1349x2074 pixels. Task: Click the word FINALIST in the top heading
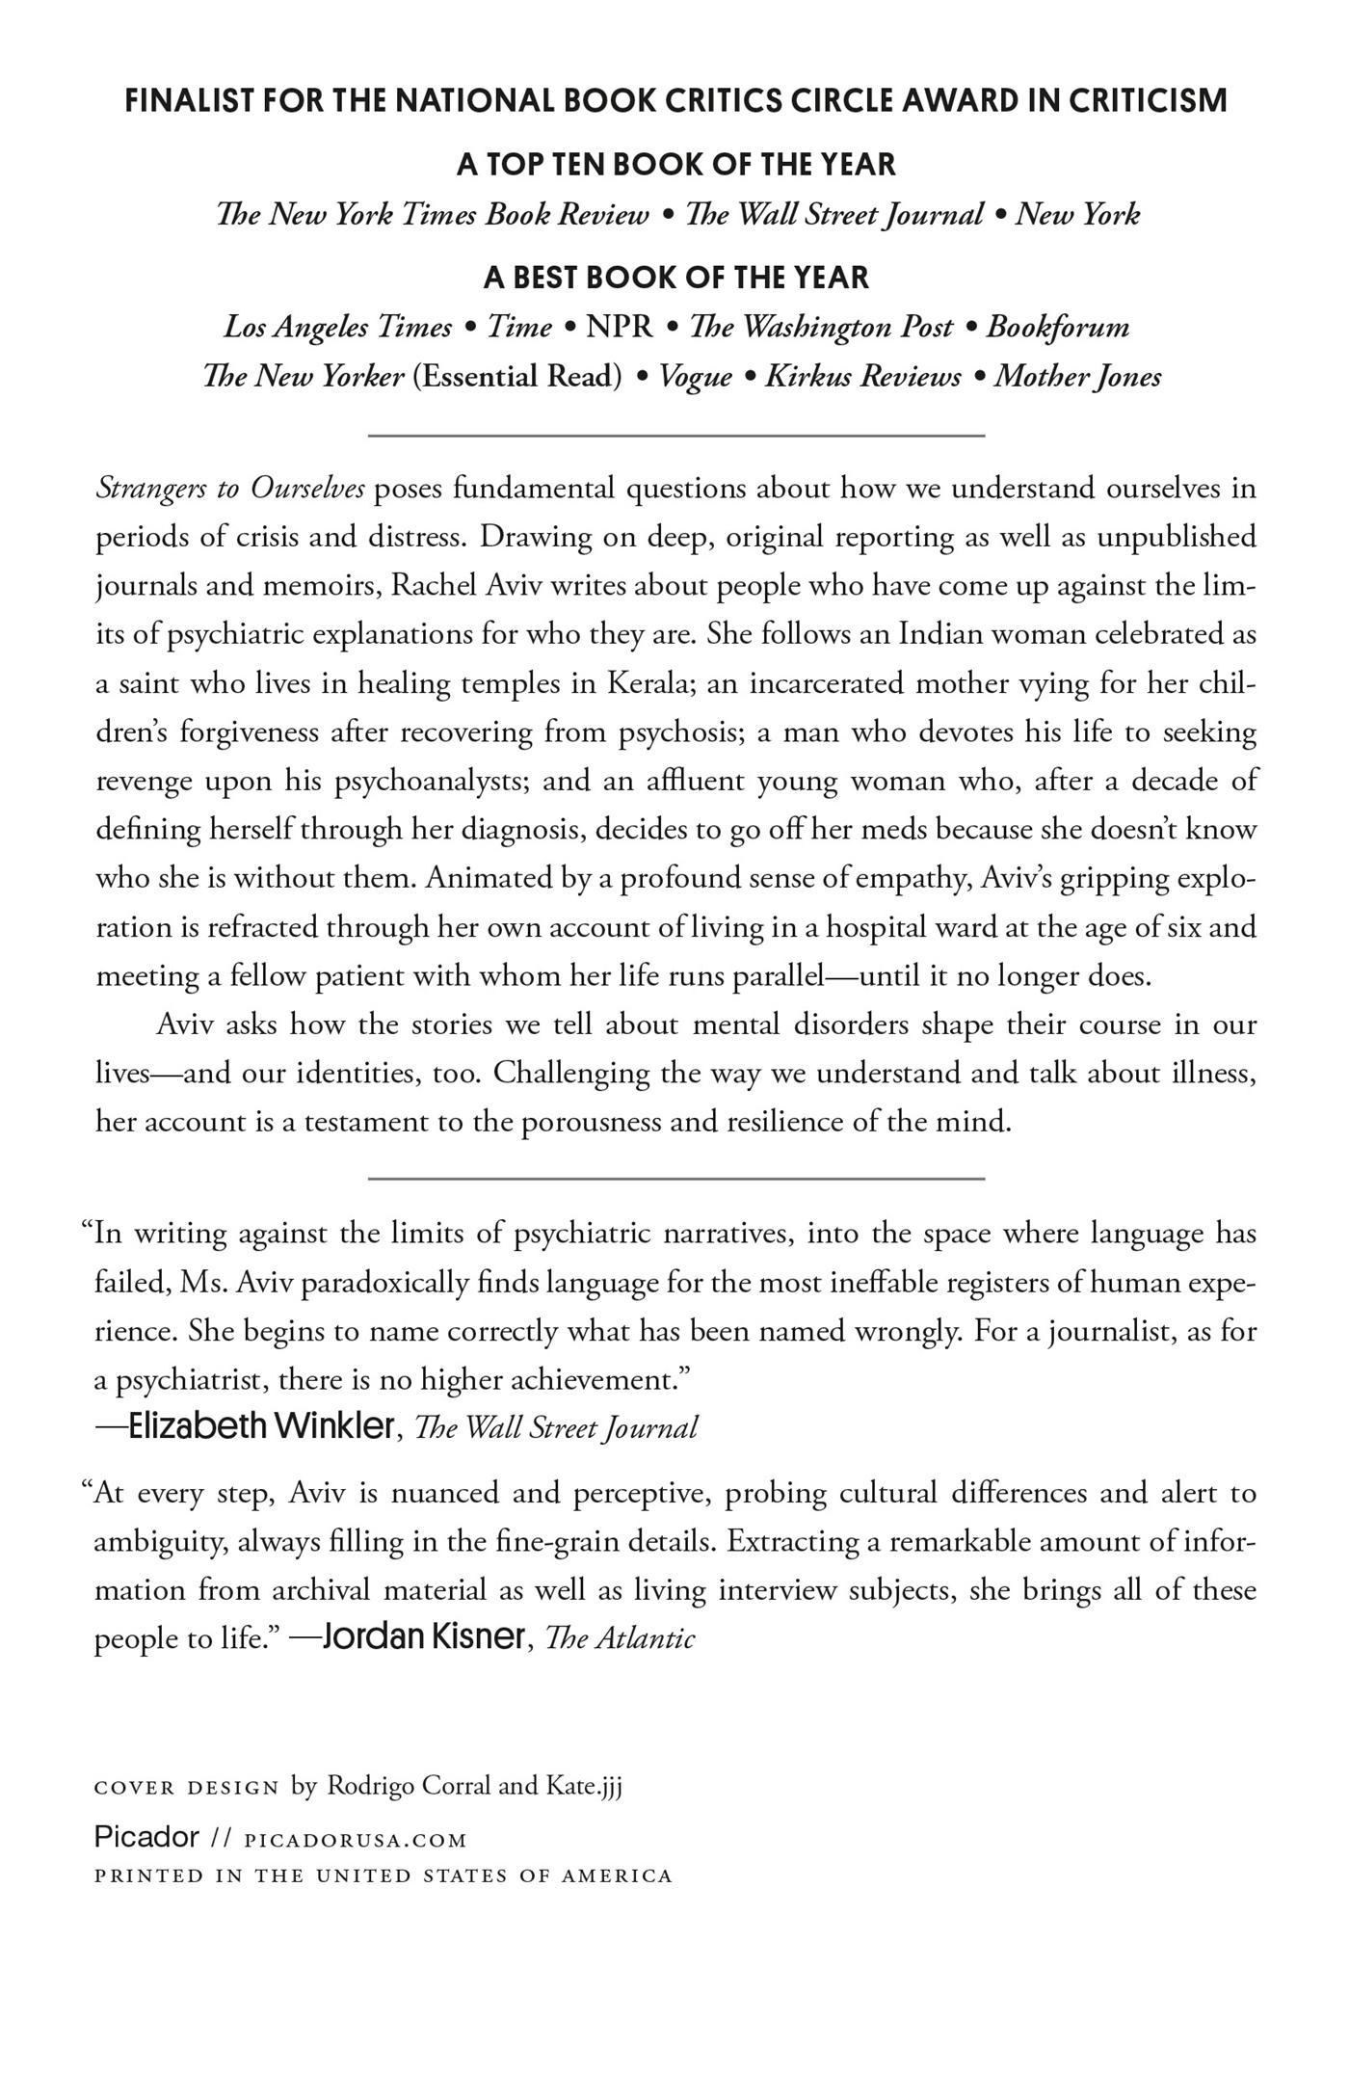189,100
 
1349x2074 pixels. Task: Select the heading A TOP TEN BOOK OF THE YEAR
675,164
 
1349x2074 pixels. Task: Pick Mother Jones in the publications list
1077,376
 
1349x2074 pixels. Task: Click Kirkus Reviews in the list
862,376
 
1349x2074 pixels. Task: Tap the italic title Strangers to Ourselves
230,489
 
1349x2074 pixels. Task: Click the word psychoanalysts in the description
430,781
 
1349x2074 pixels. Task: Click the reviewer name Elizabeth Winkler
261,1426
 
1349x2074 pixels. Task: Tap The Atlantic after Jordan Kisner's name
620,1638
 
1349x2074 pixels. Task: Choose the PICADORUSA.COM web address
356,1841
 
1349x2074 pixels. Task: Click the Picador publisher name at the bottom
146,1837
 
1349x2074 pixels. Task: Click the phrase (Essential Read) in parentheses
517,376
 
